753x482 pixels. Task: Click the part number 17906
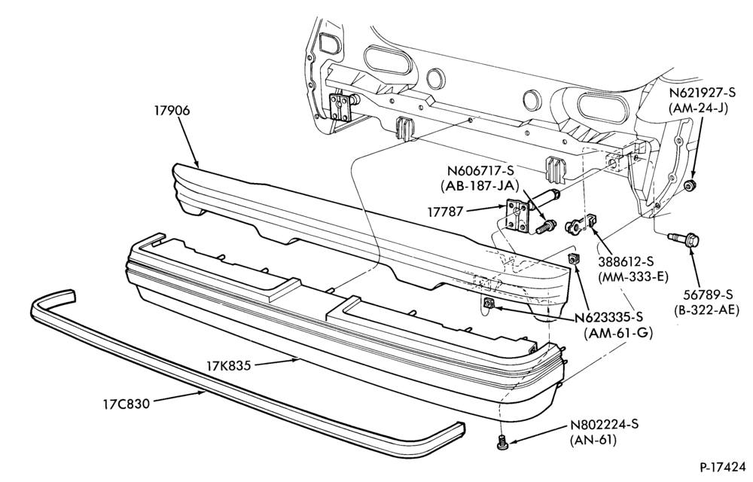pos(172,111)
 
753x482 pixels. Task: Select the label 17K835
pos(229,366)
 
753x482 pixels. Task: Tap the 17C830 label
pos(126,403)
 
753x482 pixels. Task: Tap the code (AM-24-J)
pos(698,108)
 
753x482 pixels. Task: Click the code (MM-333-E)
pos(633,277)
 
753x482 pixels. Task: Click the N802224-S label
pos(605,425)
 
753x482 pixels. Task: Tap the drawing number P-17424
pos(723,467)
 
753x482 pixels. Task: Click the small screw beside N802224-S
pos(501,442)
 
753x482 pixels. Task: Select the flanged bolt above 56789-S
pos(684,239)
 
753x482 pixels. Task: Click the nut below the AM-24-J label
pos(690,185)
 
